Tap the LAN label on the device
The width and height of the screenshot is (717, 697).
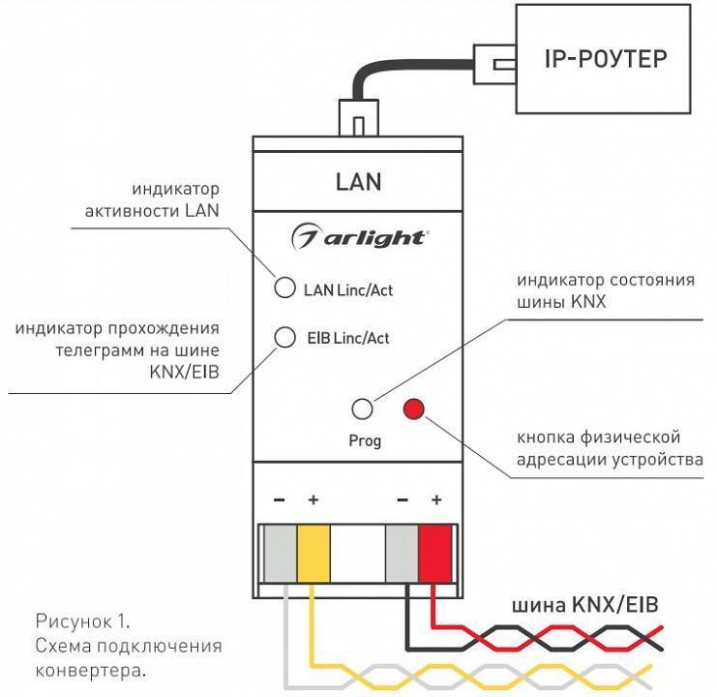point(358,181)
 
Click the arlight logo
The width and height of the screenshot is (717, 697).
point(359,236)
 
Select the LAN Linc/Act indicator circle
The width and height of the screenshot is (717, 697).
point(285,288)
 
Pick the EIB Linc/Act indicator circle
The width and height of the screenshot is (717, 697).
point(285,337)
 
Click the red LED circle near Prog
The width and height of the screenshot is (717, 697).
point(415,409)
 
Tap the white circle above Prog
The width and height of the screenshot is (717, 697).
point(364,409)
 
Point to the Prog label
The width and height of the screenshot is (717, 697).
point(365,441)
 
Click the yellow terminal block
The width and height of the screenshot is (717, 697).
point(313,554)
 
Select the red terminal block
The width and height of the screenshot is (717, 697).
point(435,554)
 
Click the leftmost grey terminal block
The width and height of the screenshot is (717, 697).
point(279,554)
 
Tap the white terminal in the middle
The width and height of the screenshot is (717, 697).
point(357,554)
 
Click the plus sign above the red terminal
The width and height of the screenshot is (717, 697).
point(435,500)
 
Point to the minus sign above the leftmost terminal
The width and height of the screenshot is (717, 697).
point(279,500)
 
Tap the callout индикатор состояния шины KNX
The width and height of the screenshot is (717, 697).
point(605,291)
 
